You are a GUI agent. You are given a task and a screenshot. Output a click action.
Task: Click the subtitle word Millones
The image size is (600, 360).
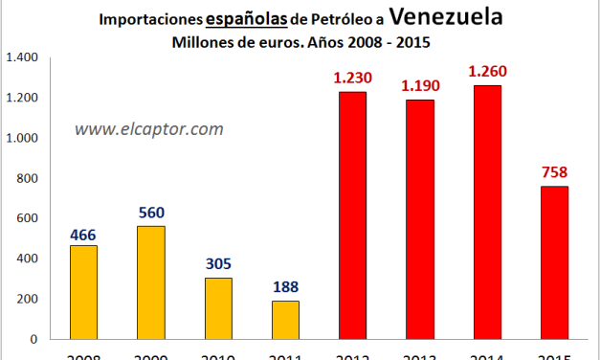[x=204, y=42]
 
